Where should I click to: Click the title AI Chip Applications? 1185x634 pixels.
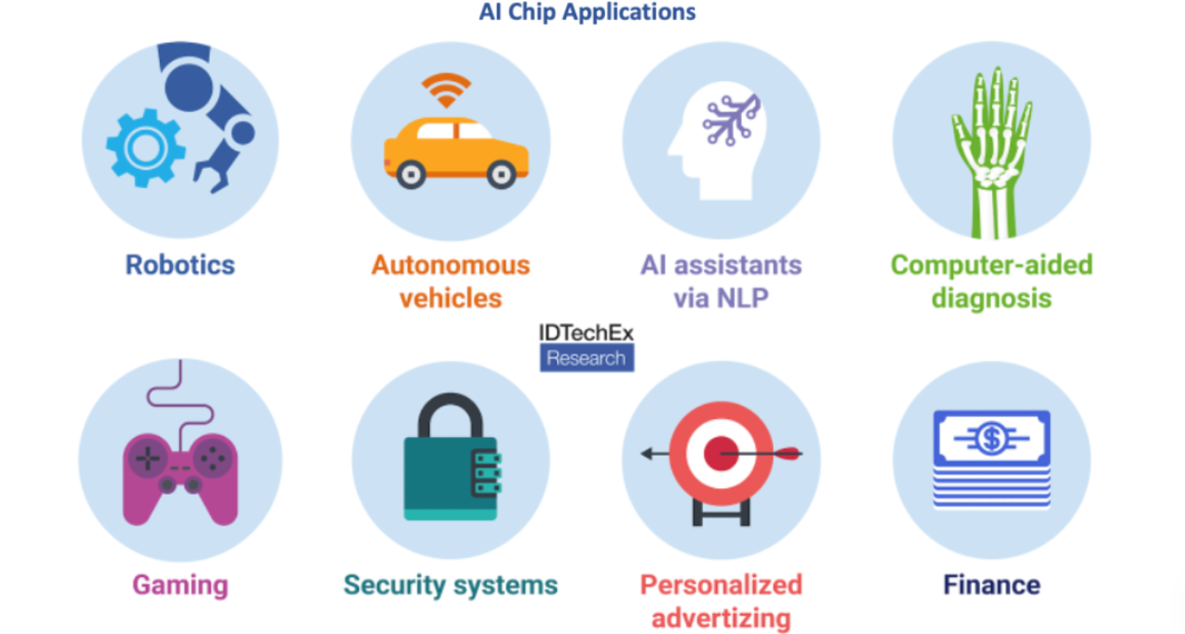click(x=587, y=12)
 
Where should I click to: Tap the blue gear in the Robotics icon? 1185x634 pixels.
click(x=145, y=148)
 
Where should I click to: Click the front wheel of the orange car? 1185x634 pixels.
click(x=501, y=175)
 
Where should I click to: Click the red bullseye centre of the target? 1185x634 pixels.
click(x=720, y=453)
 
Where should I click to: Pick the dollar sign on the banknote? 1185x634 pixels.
click(x=992, y=439)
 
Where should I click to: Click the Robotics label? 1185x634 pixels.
click(x=180, y=265)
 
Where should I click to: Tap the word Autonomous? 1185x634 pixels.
click(x=450, y=265)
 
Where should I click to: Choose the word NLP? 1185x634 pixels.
click(x=740, y=298)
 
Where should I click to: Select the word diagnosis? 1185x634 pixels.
click(x=991, y=299)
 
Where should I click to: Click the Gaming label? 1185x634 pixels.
click(x=180, y=585)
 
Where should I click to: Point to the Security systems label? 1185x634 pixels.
click(x=450, y=585)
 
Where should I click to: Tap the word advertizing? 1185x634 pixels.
click(x=721, y=618)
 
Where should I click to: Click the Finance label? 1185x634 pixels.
click(x=992, y=585)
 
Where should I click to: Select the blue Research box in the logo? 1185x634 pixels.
click(x=587, y=358)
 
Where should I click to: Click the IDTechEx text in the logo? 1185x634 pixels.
click(x=586, y=333)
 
